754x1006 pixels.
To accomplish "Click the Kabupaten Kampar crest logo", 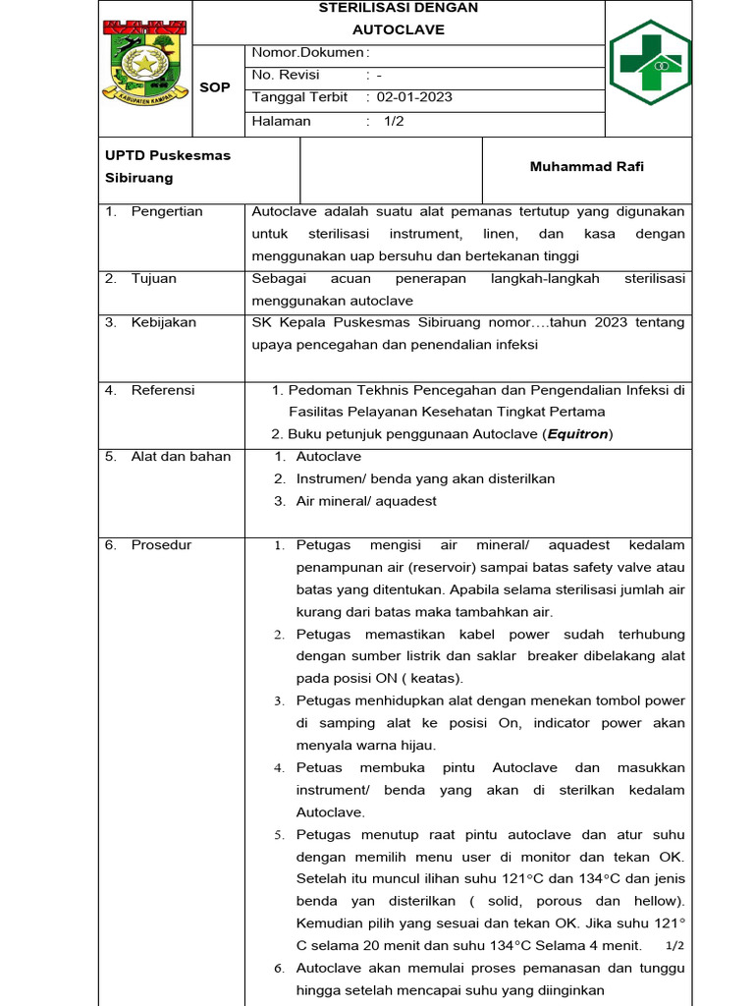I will pos(144,62).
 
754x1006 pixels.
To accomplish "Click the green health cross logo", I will pos(649,62).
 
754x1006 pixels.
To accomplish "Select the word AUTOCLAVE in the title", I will pos(399,29).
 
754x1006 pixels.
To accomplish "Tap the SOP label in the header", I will pos(215,87).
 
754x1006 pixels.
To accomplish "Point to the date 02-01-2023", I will pos(415,97).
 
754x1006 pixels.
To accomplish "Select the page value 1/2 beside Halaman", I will pos(394,121).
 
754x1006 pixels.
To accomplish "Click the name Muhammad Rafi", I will pos(587,167).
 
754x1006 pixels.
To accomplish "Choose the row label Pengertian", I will pos(167,211).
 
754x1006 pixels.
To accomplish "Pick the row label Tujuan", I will pos(154,278).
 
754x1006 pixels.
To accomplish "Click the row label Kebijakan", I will pos(163,322).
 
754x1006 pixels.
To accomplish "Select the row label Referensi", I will pos(163,390).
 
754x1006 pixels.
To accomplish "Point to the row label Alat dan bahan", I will pos(181,456).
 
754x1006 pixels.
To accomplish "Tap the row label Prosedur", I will pos(161,544).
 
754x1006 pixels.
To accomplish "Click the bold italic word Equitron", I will pos(577,434).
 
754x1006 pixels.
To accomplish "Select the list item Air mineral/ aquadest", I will pos(366,501).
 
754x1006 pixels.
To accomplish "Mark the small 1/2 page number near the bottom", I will pos(674,945).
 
